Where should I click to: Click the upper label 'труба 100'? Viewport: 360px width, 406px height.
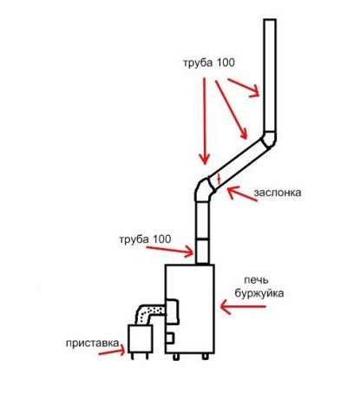(209, 63)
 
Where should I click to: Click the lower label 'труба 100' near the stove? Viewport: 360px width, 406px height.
(145, 239)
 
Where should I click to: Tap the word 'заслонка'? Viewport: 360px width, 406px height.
(278, 193)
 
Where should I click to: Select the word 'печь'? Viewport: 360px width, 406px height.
(256, 280)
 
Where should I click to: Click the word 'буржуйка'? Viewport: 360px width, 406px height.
(259, 294)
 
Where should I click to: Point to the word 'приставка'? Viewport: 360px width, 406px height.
(92, 344)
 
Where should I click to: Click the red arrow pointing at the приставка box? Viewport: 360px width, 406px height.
(112, 350)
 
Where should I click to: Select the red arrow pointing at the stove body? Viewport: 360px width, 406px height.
(243, 307)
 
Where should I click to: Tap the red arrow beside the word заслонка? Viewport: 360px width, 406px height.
(242, 193)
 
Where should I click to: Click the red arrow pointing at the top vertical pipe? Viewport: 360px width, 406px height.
(243, 88)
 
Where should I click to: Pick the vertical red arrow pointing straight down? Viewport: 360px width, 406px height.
(205, 121)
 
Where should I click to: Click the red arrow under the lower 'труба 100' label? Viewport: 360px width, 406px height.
(170, 251)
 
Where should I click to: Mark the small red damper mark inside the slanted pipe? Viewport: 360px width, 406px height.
(219, 180)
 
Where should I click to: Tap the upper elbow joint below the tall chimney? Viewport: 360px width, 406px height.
(269, 140)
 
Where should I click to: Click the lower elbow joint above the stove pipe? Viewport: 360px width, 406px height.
(205, 188)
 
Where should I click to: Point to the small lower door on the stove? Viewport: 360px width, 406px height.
(170, 338)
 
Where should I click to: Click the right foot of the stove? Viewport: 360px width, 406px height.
(205, 357)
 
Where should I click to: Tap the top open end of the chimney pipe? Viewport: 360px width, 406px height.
(270, 20)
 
